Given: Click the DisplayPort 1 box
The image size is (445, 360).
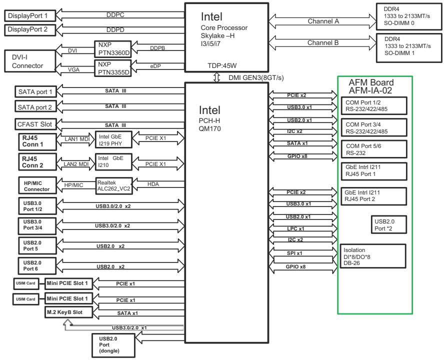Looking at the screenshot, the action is [30, 15].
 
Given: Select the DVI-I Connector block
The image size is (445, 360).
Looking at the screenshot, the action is [30, 61].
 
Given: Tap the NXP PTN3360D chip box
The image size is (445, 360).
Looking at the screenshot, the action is [113, 49].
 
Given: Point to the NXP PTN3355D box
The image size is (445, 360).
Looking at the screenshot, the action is [113, 68].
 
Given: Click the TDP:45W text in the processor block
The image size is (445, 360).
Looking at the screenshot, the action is [222, 65].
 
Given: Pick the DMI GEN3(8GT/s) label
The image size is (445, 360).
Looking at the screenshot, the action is [256, 77].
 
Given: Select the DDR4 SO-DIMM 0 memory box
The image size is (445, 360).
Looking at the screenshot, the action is [409, 16].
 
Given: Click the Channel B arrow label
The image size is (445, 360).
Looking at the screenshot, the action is [323, 43].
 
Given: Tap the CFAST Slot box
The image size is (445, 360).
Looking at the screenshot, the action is [35, 124].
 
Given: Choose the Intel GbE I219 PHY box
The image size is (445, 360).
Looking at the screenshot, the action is [113, 139].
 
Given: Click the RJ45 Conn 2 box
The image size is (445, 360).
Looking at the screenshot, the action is [37, 162].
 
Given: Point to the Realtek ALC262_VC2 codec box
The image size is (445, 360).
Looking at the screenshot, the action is [114, 186].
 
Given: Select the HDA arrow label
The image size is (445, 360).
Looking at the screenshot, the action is [153, 184].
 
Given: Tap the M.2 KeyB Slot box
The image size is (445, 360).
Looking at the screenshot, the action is [68, 312].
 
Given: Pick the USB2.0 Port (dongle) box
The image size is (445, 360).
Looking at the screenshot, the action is [113, 345].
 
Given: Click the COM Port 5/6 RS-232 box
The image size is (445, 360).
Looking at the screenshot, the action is [374, 149].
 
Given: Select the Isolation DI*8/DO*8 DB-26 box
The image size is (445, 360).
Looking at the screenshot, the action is [373, 256].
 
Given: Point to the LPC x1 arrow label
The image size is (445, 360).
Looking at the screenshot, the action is [295, 229].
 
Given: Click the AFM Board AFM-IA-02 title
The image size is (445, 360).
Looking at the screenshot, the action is [371, 86].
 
